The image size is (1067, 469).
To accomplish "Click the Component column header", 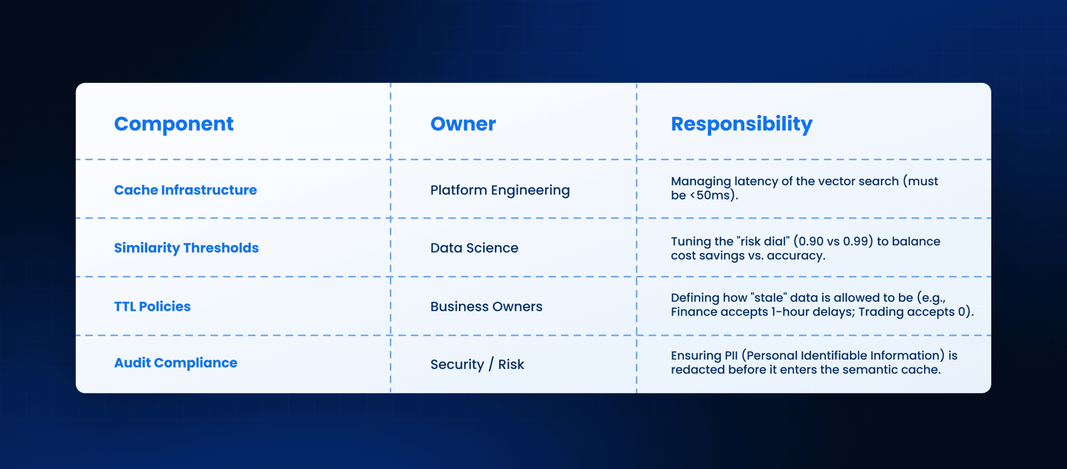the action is (x=174, y=124).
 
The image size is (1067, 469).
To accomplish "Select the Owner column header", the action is (x=463, y=124).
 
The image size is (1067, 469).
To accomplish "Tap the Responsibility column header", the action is (x=741, y=124).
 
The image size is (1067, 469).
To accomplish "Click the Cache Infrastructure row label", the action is (x=185, y=190).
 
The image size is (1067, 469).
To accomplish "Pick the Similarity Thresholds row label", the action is (x=186, y=248).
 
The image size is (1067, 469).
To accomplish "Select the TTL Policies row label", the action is (x=152, y=306).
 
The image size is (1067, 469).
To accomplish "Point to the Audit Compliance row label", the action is (x=175, y=363).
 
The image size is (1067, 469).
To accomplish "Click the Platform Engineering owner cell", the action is (x=500, y=190).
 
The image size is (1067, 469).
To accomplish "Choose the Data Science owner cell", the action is (x=474, y=248).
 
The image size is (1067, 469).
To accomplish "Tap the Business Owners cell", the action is (x=486, y=306).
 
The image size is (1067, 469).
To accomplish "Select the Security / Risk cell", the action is (x=477, y=364).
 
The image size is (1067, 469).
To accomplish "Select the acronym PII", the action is (x=731, y=356).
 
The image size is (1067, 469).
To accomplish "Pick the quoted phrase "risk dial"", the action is (x=763, y=241).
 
